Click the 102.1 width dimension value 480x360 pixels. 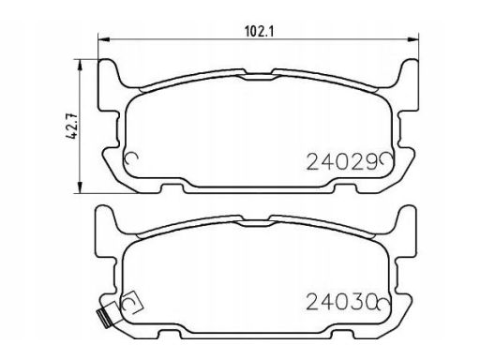(x=259, y=31)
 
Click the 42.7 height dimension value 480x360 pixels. (x=72, y=126)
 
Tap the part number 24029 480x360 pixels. (x=342, y=162)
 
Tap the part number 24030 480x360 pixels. (x=340, y=302)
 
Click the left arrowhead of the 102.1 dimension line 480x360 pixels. (x=104, y=39)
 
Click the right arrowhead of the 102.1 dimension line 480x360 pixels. (x=412, y=39)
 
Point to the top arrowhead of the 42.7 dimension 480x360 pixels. (x=81, y=65)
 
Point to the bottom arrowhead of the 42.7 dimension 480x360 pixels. (x=81, y=187)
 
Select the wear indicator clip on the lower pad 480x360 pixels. (x=104, y=319)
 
